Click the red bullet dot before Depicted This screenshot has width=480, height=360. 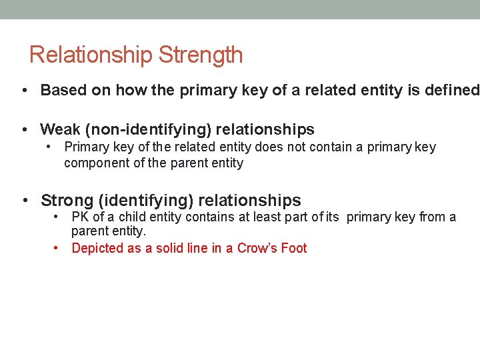pos(57,249)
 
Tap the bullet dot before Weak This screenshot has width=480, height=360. pos(24,129)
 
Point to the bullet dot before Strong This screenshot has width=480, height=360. pos(24,200)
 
